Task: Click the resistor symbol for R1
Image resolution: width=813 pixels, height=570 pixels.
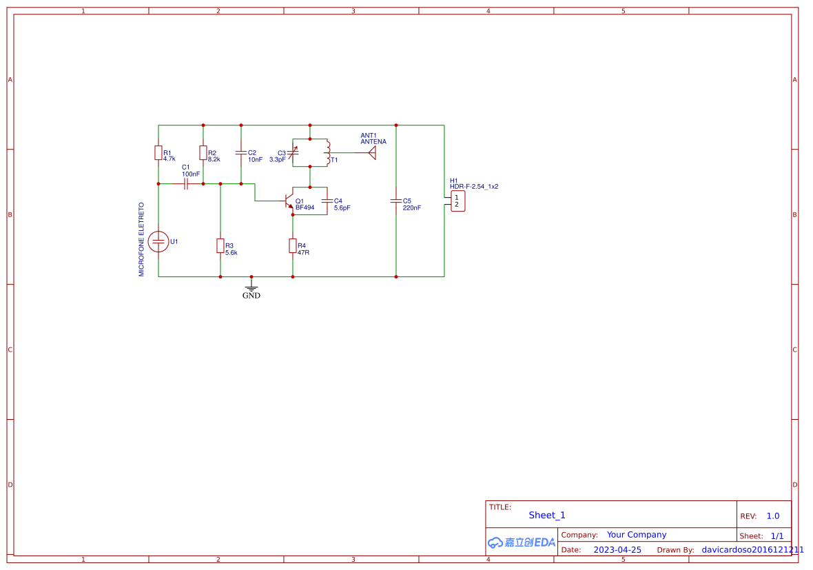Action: [x=158, y=153]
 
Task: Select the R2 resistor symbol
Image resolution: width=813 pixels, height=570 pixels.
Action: [x=203, y=153]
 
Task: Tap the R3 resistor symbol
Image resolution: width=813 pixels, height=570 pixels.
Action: [x=220, y=246]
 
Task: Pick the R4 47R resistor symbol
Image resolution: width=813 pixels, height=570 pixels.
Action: [x=293, y=246]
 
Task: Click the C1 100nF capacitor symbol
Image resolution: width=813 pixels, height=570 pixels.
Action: [x=186, y=184]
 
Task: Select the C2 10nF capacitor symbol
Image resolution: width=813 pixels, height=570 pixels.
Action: [x=241, y=152]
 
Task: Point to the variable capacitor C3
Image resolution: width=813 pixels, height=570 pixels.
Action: [x=293, y=152]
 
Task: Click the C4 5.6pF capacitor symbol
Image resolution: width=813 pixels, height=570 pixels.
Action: [x=327, y=201]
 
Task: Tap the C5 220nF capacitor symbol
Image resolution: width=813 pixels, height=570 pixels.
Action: [x=396, y=201]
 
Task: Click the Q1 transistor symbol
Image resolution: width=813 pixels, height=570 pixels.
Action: [x=289, y=202]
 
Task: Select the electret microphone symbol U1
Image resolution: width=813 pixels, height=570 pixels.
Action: [x=158, y=241]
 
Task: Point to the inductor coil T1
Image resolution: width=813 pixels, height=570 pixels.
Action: [x=328, y=152]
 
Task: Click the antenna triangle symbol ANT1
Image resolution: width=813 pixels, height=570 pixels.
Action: [x=371, y=152]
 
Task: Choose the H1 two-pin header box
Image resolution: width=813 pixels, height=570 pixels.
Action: [x=457, y=201]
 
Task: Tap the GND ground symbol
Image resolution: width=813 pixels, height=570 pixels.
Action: [x=251, y=285]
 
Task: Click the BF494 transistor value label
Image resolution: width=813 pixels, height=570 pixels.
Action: [x=305, y=207]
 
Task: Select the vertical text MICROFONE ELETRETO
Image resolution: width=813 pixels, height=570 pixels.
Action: [x=142, y=239]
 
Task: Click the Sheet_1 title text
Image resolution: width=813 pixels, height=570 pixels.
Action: [x=547, y=515]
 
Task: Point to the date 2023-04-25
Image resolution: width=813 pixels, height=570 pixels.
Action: [x=617, y=550]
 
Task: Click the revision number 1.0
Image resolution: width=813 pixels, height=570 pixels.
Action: [x=772, y=516]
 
